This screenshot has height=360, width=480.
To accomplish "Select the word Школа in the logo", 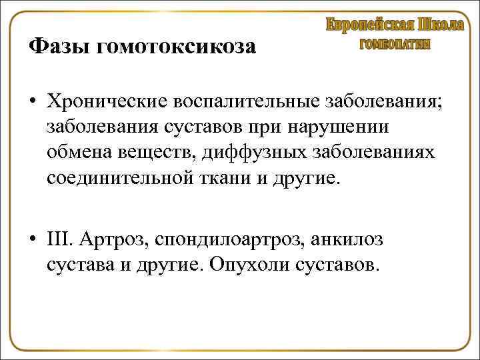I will point(441,25).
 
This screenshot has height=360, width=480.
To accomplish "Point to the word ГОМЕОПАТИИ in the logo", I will point(395,45).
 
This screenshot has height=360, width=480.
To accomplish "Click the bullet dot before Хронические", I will point(33,102).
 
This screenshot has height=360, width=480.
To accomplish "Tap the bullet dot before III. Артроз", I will point(33,239).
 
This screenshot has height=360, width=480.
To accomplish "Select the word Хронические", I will point(105,102).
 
